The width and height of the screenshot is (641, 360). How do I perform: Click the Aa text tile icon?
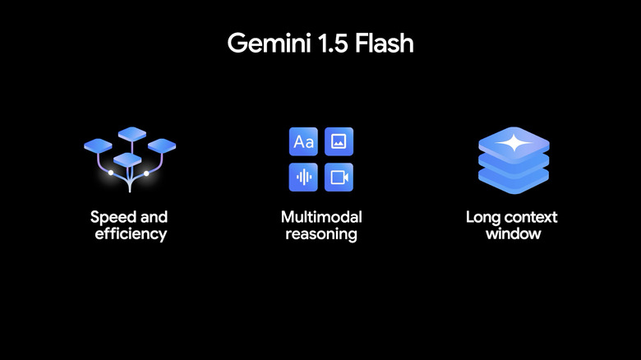[303, 142]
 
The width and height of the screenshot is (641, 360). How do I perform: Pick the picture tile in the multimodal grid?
[339, 142]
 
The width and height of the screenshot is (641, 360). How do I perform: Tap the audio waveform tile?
[303, 177]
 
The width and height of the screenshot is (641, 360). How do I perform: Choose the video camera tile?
[339, 177]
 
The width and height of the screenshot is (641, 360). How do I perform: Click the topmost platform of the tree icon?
[131, 132]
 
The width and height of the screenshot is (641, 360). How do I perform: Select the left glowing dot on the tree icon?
[110, 173]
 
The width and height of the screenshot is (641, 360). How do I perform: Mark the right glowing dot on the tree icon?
[146, 173]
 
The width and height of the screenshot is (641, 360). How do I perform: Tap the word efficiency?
[129, 234]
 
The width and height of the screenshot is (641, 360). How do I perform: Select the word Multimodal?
[321, 218]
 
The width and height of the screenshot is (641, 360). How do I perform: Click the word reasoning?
[321, 234]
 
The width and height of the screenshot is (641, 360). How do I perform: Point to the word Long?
[483, 218]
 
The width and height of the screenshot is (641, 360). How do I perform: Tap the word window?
[512, 234]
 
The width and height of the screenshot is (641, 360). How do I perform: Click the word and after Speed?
[154, 218]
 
